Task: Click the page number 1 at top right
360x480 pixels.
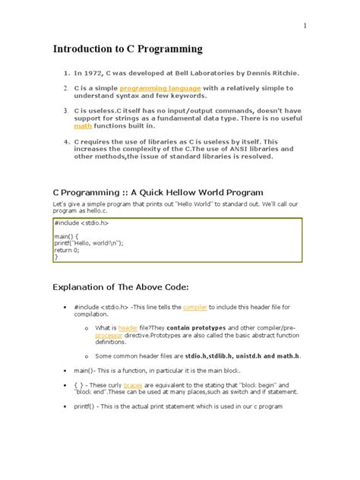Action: click(305, 25)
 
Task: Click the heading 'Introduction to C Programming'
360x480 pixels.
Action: click(128, 49)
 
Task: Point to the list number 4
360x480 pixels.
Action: click(66, 141)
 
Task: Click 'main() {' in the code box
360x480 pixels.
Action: click(68, 236)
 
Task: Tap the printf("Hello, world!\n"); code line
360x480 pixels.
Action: click(89, 243)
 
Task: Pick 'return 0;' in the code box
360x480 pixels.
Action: click(69, 250)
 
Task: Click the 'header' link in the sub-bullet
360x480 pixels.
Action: click(128, 327)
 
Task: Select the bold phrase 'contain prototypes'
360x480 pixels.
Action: click(191, 327)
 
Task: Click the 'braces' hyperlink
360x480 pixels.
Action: click(144, 385)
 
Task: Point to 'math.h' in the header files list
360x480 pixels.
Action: click(286, 355)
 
